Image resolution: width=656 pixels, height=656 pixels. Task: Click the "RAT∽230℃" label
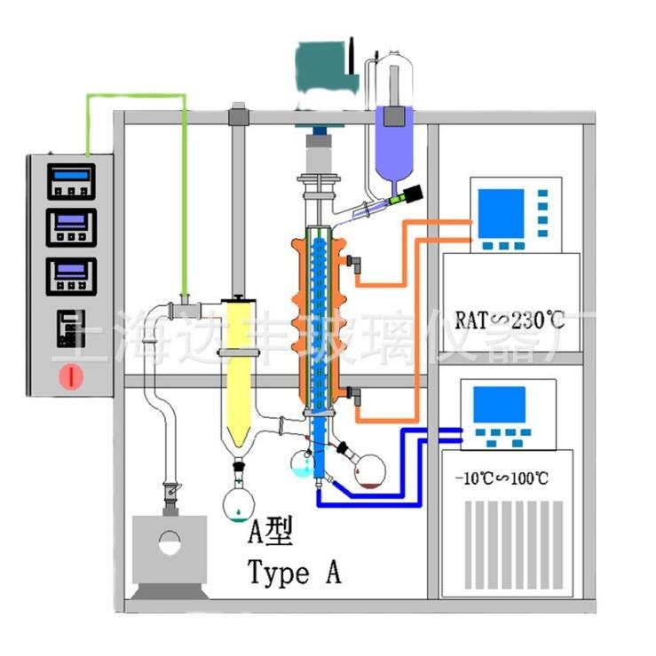click(510, 318)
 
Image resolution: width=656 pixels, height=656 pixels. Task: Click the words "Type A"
click(294, 573)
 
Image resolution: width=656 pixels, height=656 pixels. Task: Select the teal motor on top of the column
click(328, 69)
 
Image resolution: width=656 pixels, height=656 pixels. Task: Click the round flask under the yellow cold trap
click(240, 502)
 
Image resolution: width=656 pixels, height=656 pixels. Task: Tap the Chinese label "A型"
click(267, 533)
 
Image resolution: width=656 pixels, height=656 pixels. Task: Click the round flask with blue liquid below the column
click(304, 462)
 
